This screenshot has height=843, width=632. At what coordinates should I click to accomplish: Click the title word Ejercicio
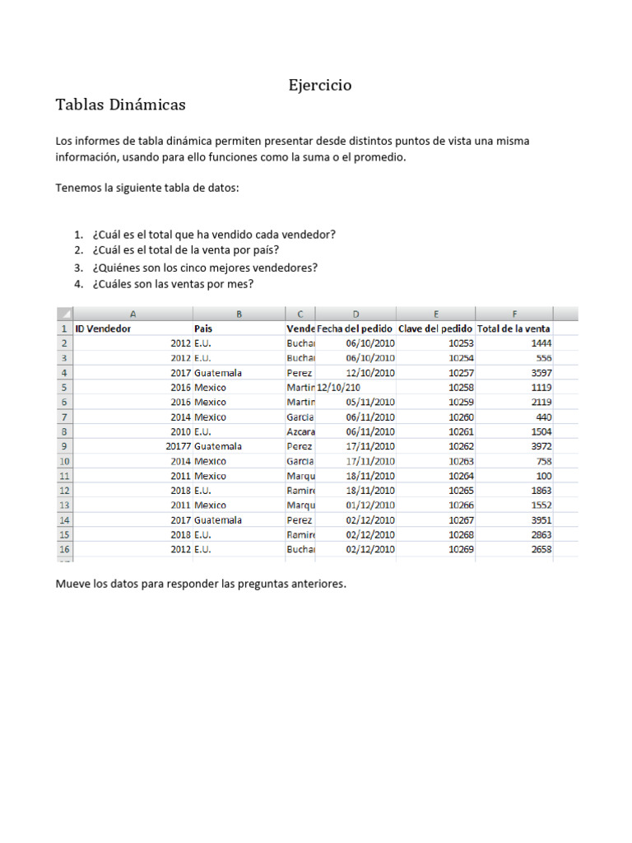(320, 85)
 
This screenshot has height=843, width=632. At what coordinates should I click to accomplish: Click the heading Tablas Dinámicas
(120, 105)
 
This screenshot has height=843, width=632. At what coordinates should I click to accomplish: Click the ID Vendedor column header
(103, 328)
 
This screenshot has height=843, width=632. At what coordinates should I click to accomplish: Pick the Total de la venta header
(513, 328)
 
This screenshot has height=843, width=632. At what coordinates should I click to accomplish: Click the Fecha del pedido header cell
(355, 328)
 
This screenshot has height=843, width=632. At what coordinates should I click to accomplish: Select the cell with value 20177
(178, 446)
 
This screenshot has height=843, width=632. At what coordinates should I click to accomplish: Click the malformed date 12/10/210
(338, 387)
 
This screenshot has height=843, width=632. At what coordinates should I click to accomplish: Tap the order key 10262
(461, 446)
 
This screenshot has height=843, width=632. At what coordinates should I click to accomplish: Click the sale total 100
(543, 476)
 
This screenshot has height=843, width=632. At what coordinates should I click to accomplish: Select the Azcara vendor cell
(300, 431)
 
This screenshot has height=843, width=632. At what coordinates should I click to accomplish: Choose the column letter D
(355, 314)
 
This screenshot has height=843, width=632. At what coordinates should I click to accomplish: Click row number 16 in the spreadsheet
(63, 550)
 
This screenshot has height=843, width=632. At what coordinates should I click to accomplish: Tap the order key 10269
(461, 550)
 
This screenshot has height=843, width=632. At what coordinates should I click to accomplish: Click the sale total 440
(543, 417)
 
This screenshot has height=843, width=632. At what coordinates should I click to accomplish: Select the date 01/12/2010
(370, 505)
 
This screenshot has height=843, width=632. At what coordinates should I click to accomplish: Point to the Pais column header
(203, 328)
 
